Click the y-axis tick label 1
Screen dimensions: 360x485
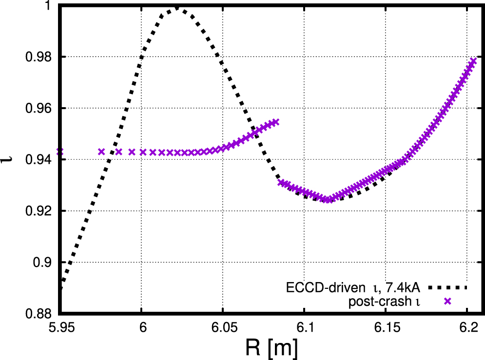click(49, 6)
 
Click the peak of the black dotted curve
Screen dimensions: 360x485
click(175, 8)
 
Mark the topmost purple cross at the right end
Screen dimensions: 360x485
click(473, 61)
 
